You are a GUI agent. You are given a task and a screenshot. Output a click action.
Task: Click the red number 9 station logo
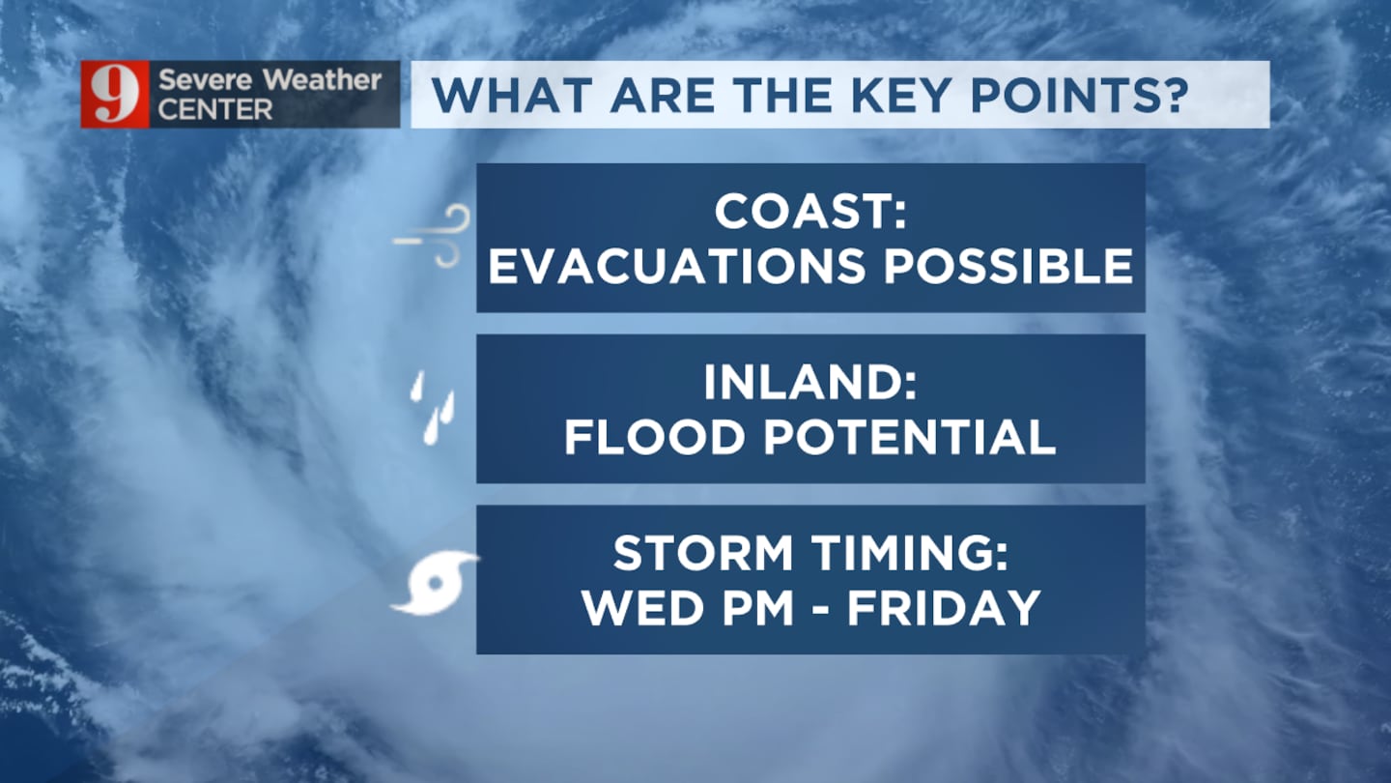coord(115,95)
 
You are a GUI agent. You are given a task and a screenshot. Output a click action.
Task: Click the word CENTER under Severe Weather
coord(214,110)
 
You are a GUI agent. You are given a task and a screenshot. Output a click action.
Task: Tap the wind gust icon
coord(432,236)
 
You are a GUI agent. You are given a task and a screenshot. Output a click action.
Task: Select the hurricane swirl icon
coord(434,583)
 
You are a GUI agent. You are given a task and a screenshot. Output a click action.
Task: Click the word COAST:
coord(810,212)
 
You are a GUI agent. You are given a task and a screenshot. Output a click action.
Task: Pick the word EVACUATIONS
coord(677,266)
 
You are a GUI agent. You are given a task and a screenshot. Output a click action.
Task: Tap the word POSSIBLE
coord(1008,266)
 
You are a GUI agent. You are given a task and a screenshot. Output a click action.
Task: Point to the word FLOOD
coord(654,437)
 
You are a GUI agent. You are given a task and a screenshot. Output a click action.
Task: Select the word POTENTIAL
coord(909,437)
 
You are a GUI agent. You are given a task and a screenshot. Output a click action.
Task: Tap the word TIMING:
coord(910,553)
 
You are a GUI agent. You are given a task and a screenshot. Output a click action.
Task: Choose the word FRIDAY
coord(944,608)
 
